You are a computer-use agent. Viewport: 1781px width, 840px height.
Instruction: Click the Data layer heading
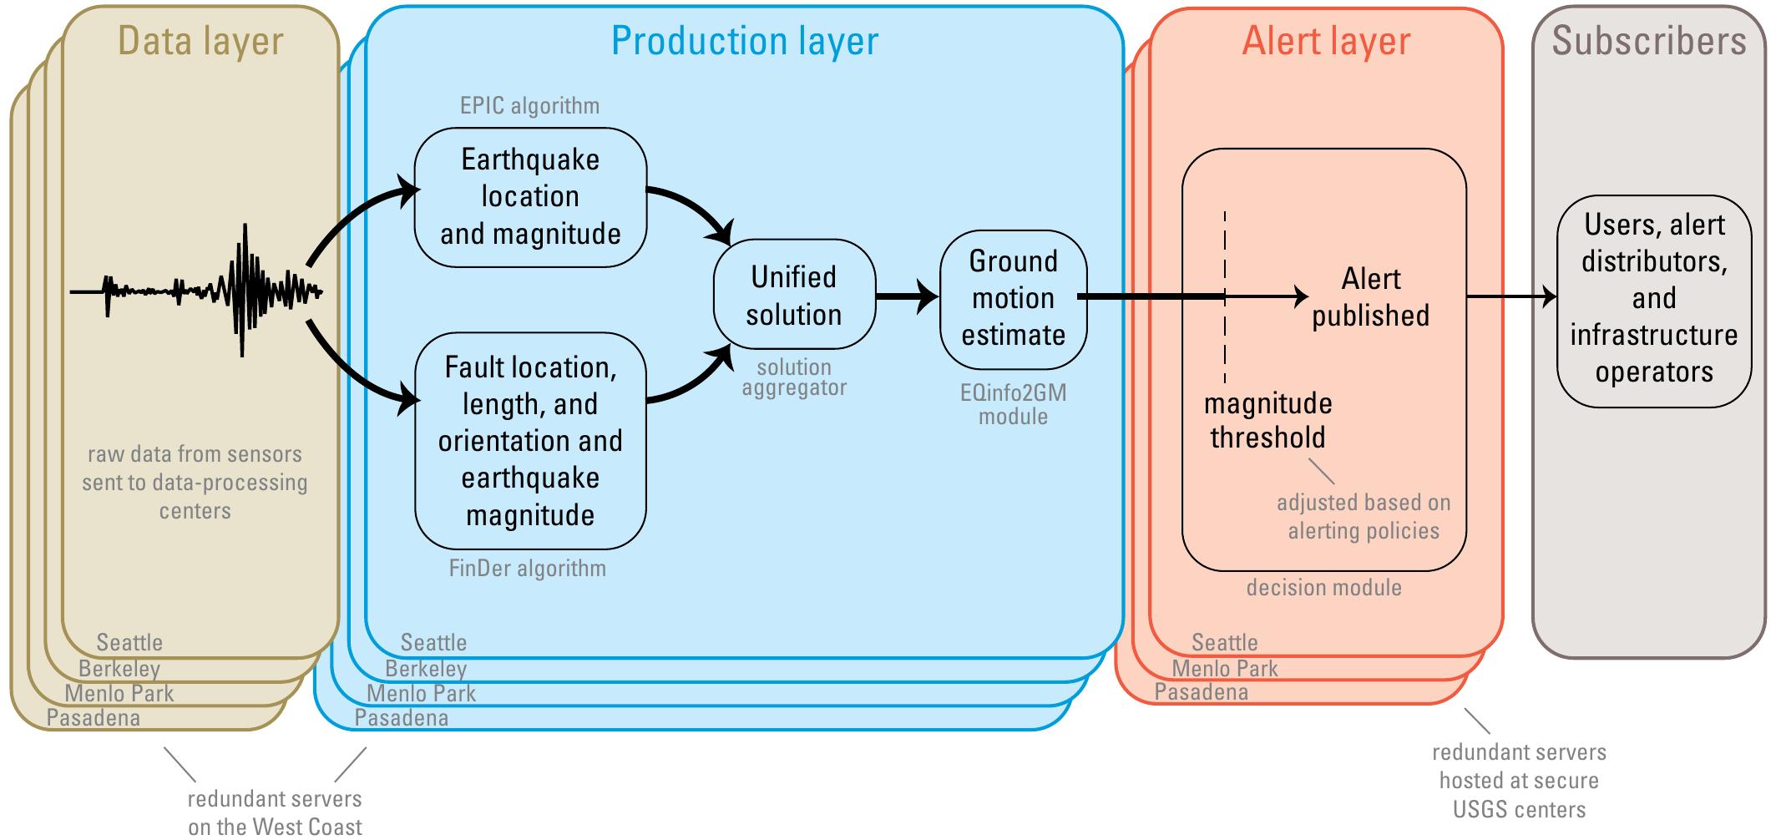[200, 41]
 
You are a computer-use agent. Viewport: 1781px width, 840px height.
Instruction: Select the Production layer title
[744, 41]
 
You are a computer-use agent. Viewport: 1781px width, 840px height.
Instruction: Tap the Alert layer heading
[1326, 41]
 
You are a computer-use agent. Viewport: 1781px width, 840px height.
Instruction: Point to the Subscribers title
[1649, 41]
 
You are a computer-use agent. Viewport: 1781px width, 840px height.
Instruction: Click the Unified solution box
[794, 296]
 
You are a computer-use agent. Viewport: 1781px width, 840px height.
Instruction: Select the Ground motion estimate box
[1013, 298]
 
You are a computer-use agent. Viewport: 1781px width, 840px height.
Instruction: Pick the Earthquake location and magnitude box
[530, 197]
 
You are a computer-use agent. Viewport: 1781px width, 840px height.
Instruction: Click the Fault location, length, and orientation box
[530, 440]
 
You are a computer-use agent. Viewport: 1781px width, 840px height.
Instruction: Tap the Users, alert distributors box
[1653, 298]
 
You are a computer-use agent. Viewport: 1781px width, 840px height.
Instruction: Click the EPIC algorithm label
[529, 106]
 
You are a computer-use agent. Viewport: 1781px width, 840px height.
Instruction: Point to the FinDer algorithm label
[527, 569]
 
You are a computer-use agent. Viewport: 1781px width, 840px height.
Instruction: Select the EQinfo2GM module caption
[1013, 404]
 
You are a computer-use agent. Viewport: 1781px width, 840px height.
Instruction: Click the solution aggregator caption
[794, 377]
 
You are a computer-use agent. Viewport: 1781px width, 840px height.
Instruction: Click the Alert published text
[1370, 297]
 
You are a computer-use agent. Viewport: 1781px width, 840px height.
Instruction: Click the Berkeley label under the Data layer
[119, 669]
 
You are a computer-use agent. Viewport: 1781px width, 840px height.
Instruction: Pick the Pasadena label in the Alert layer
[1201, 692]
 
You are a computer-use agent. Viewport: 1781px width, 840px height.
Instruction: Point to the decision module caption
[1323, 588]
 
